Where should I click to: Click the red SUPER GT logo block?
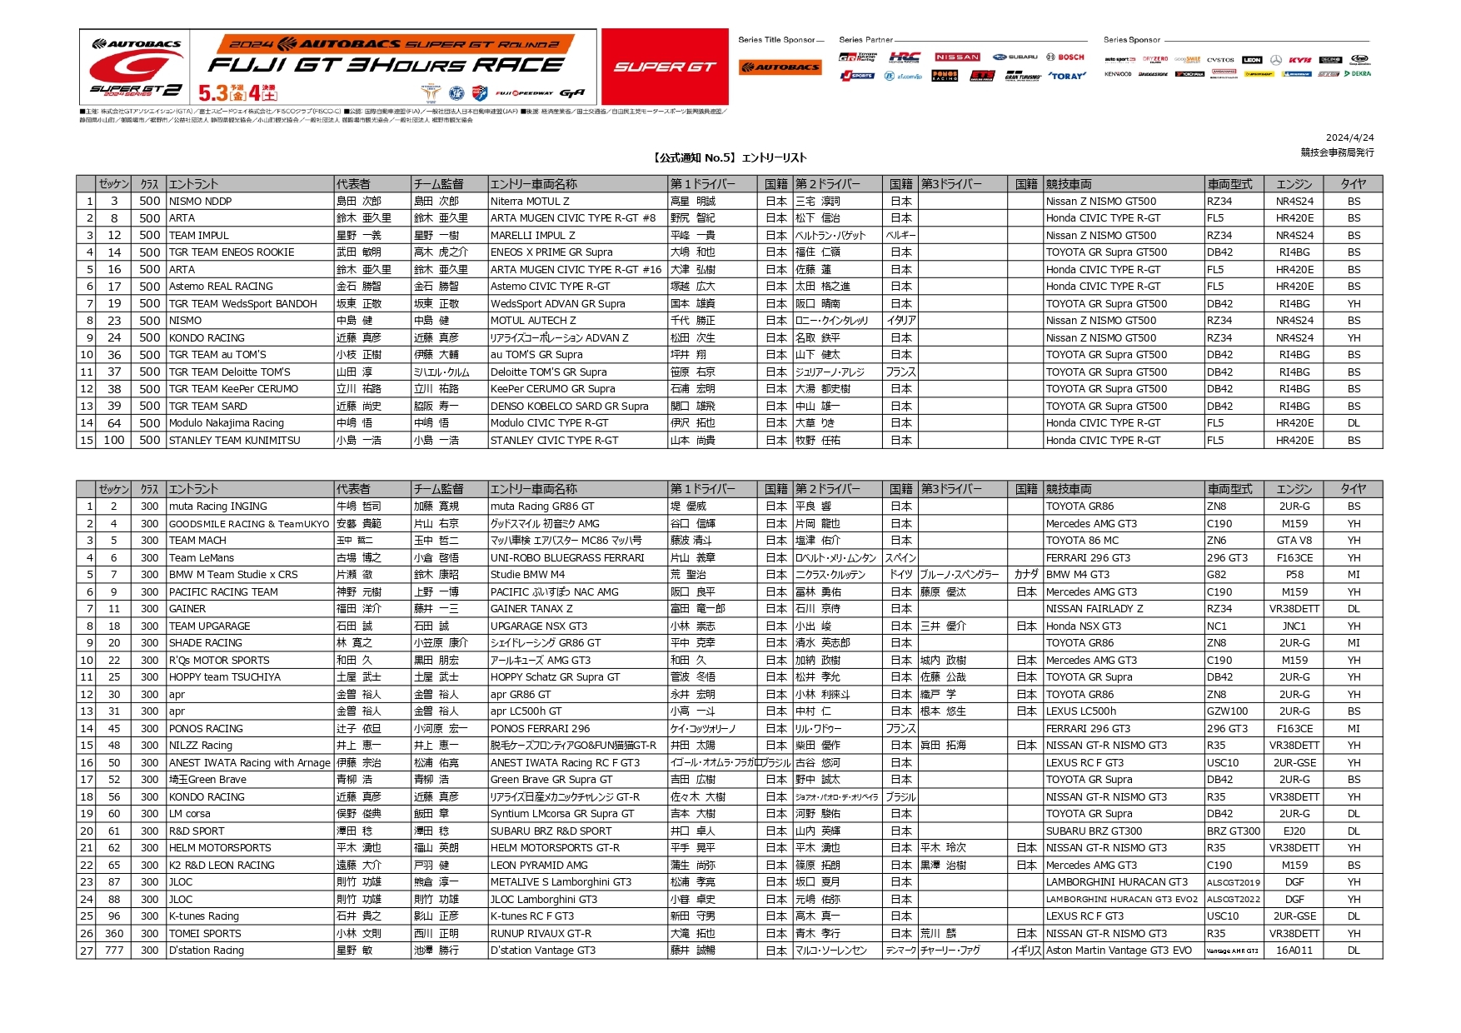coord(664,67)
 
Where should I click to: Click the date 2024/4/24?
coord(1349,138)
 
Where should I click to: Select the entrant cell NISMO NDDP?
coord(201,202)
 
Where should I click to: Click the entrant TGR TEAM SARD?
coord(208,407)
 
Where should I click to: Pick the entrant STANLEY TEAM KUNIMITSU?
coord(234,441)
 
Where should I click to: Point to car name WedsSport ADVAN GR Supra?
coord(557,304)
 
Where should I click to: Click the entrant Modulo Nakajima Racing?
coord(227,423)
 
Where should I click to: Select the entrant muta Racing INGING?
coord(218,507)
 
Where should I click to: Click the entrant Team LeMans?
coord(202,558)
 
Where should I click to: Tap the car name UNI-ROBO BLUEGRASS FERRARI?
coord(567,558)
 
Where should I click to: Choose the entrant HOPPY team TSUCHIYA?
coord(225,677)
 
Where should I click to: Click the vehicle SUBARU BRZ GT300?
coord(1094,831)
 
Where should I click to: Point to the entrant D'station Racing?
coord(207,951)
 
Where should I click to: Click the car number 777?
coord(114,951)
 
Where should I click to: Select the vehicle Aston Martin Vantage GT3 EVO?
coord(1119,951)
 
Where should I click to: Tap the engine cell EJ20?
coord(1294,831)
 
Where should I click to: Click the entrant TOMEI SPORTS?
coord(205,934)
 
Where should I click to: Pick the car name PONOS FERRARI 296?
coord(540,729)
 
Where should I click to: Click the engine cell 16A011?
coord(1294,951)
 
